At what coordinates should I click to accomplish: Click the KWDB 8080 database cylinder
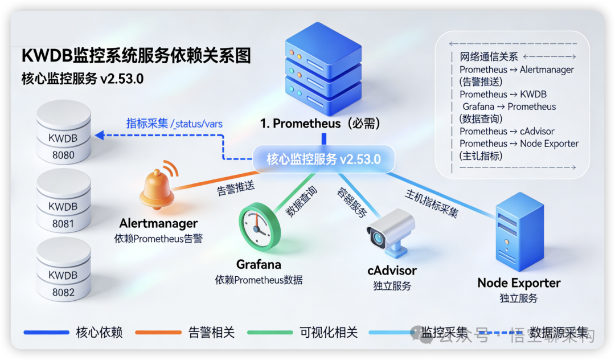pos(63,132)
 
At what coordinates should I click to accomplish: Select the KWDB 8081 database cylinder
pos(63,201)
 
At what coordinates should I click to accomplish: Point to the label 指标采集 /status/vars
pos(174,124)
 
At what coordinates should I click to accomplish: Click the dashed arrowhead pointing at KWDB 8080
pos(100,136)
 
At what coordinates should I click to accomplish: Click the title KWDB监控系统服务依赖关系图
pos(136,56)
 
